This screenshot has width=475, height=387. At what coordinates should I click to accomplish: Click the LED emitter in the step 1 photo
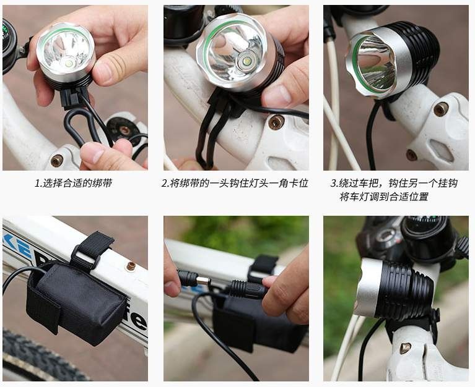pos(69,64)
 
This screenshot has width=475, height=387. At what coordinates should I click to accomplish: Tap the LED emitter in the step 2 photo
pos(246,61)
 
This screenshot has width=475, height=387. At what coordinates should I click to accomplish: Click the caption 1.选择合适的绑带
pos(74,183)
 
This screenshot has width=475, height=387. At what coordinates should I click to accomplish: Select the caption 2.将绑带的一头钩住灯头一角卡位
pos(235,183)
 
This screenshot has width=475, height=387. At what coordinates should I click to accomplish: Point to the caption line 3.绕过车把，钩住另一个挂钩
pos(393,183)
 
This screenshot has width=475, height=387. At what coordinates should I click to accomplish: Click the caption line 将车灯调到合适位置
pos(384,197)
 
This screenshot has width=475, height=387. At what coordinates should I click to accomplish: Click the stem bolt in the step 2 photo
pos(276,122)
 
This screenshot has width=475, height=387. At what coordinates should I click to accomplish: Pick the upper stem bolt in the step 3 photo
pos(441,109)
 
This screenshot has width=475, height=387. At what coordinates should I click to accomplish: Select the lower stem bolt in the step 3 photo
pos(411,155)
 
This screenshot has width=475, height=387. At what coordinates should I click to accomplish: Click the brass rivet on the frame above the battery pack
pos(131,266)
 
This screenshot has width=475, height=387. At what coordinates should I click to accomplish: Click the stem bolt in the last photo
pos(405,348)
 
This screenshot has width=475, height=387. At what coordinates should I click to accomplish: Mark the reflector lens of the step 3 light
pos(376,64)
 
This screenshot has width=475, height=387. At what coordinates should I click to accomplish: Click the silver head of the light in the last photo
pos(368,287)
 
